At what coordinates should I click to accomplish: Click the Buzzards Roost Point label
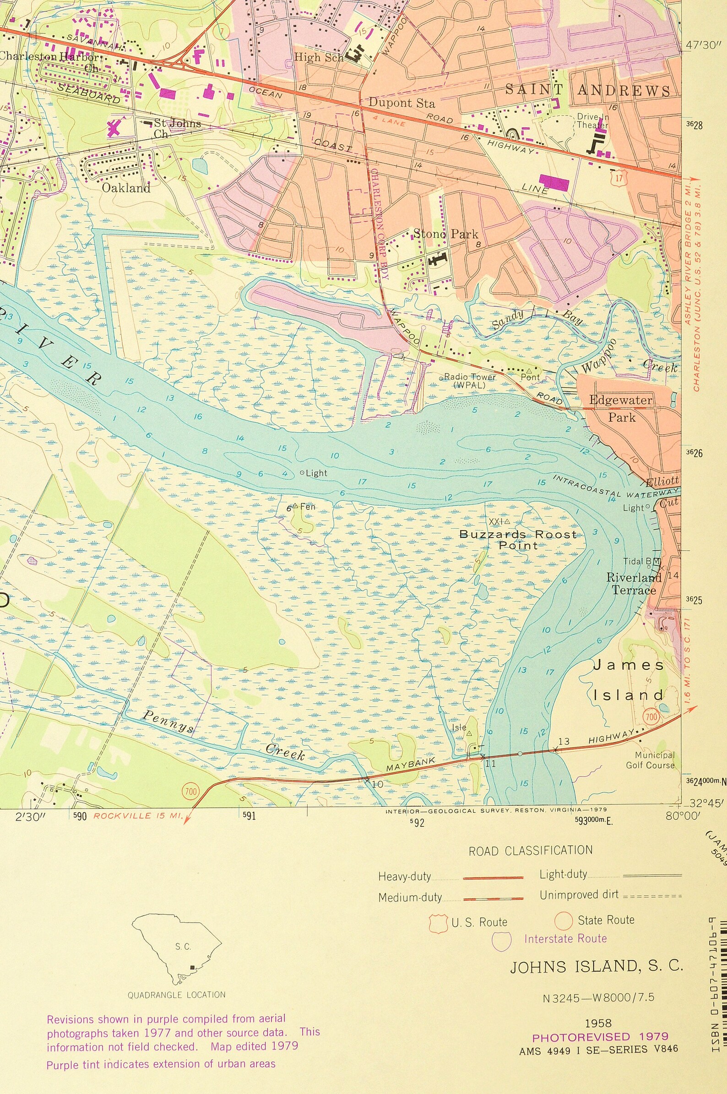[518, 540]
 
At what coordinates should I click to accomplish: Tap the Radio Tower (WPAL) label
[469, 381]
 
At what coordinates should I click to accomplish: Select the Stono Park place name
[445, 234]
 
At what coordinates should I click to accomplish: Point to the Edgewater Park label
[621, 408]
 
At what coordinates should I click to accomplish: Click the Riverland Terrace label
[633, 584]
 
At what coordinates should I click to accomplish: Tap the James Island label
[629, 680]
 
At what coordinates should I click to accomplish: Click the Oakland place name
[125, 188]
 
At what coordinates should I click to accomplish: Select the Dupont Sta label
[401, 103]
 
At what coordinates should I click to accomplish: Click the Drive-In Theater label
[592, 121]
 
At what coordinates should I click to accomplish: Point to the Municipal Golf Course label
[650, 760]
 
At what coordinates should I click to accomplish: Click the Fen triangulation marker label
[306, 507]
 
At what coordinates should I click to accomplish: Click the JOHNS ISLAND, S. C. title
[596, 967]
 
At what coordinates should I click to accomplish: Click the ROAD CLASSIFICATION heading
[531, 850]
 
